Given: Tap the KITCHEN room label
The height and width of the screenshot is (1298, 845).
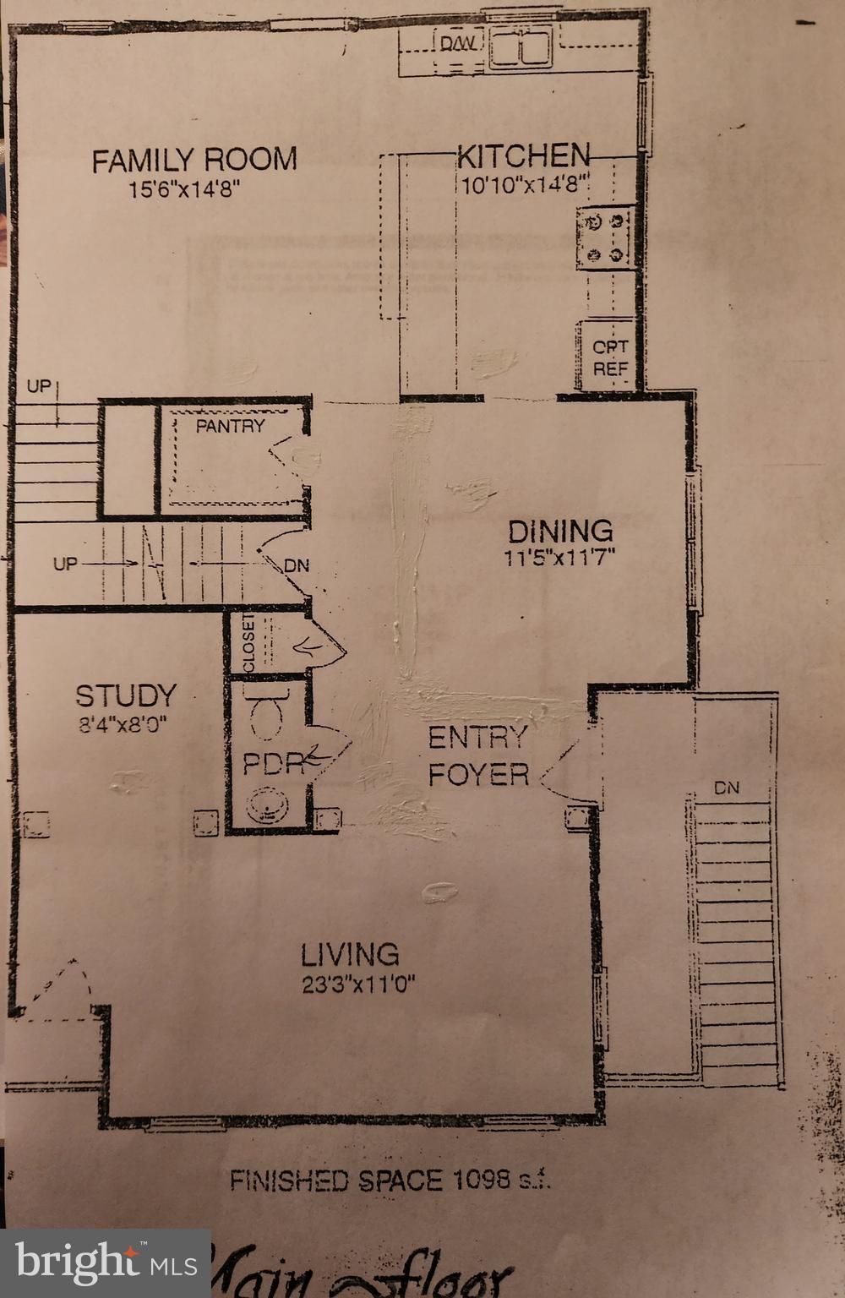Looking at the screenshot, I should pyautogui.click(x=523, y=155).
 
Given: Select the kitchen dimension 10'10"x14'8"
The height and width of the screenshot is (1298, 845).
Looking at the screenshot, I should pyautogui.click(x=523, y=185).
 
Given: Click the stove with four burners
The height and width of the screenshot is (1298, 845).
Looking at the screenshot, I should pyautogui.click(x=605, y=238).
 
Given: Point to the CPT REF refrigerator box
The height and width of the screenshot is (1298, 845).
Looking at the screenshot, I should pyautogui.click(x=609, y=357).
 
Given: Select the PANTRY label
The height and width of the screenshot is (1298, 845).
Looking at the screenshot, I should pyautogui.click(x=230, y=426).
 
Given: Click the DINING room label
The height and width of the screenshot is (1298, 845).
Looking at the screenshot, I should pyautogui.click(x=560, y=531).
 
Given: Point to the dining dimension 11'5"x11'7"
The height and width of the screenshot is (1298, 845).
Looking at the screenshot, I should pyautogui.click(x=560, y=557).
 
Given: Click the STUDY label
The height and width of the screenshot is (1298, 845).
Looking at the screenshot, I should pyautogui.click(x=126, y=695).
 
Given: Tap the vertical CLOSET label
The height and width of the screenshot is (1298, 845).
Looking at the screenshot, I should pyautogui.click(x=248, y=643).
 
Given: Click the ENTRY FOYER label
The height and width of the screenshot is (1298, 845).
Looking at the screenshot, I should pyautogui.click(x=478, y=755).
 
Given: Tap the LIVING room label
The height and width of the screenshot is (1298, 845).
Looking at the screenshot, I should pyautogui.click(x=350, y=954).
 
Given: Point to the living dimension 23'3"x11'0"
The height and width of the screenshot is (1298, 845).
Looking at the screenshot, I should pyautogui.click(x=358, y=984).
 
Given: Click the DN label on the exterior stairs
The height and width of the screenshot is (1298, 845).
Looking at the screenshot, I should pyautogui.click(x=726, y=788).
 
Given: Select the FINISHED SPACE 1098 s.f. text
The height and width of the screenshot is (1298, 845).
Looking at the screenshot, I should pyautogui.click(x=390, y=1180).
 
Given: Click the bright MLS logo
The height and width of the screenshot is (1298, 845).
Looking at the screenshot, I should pyautogui.click(x=106, y=1263).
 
